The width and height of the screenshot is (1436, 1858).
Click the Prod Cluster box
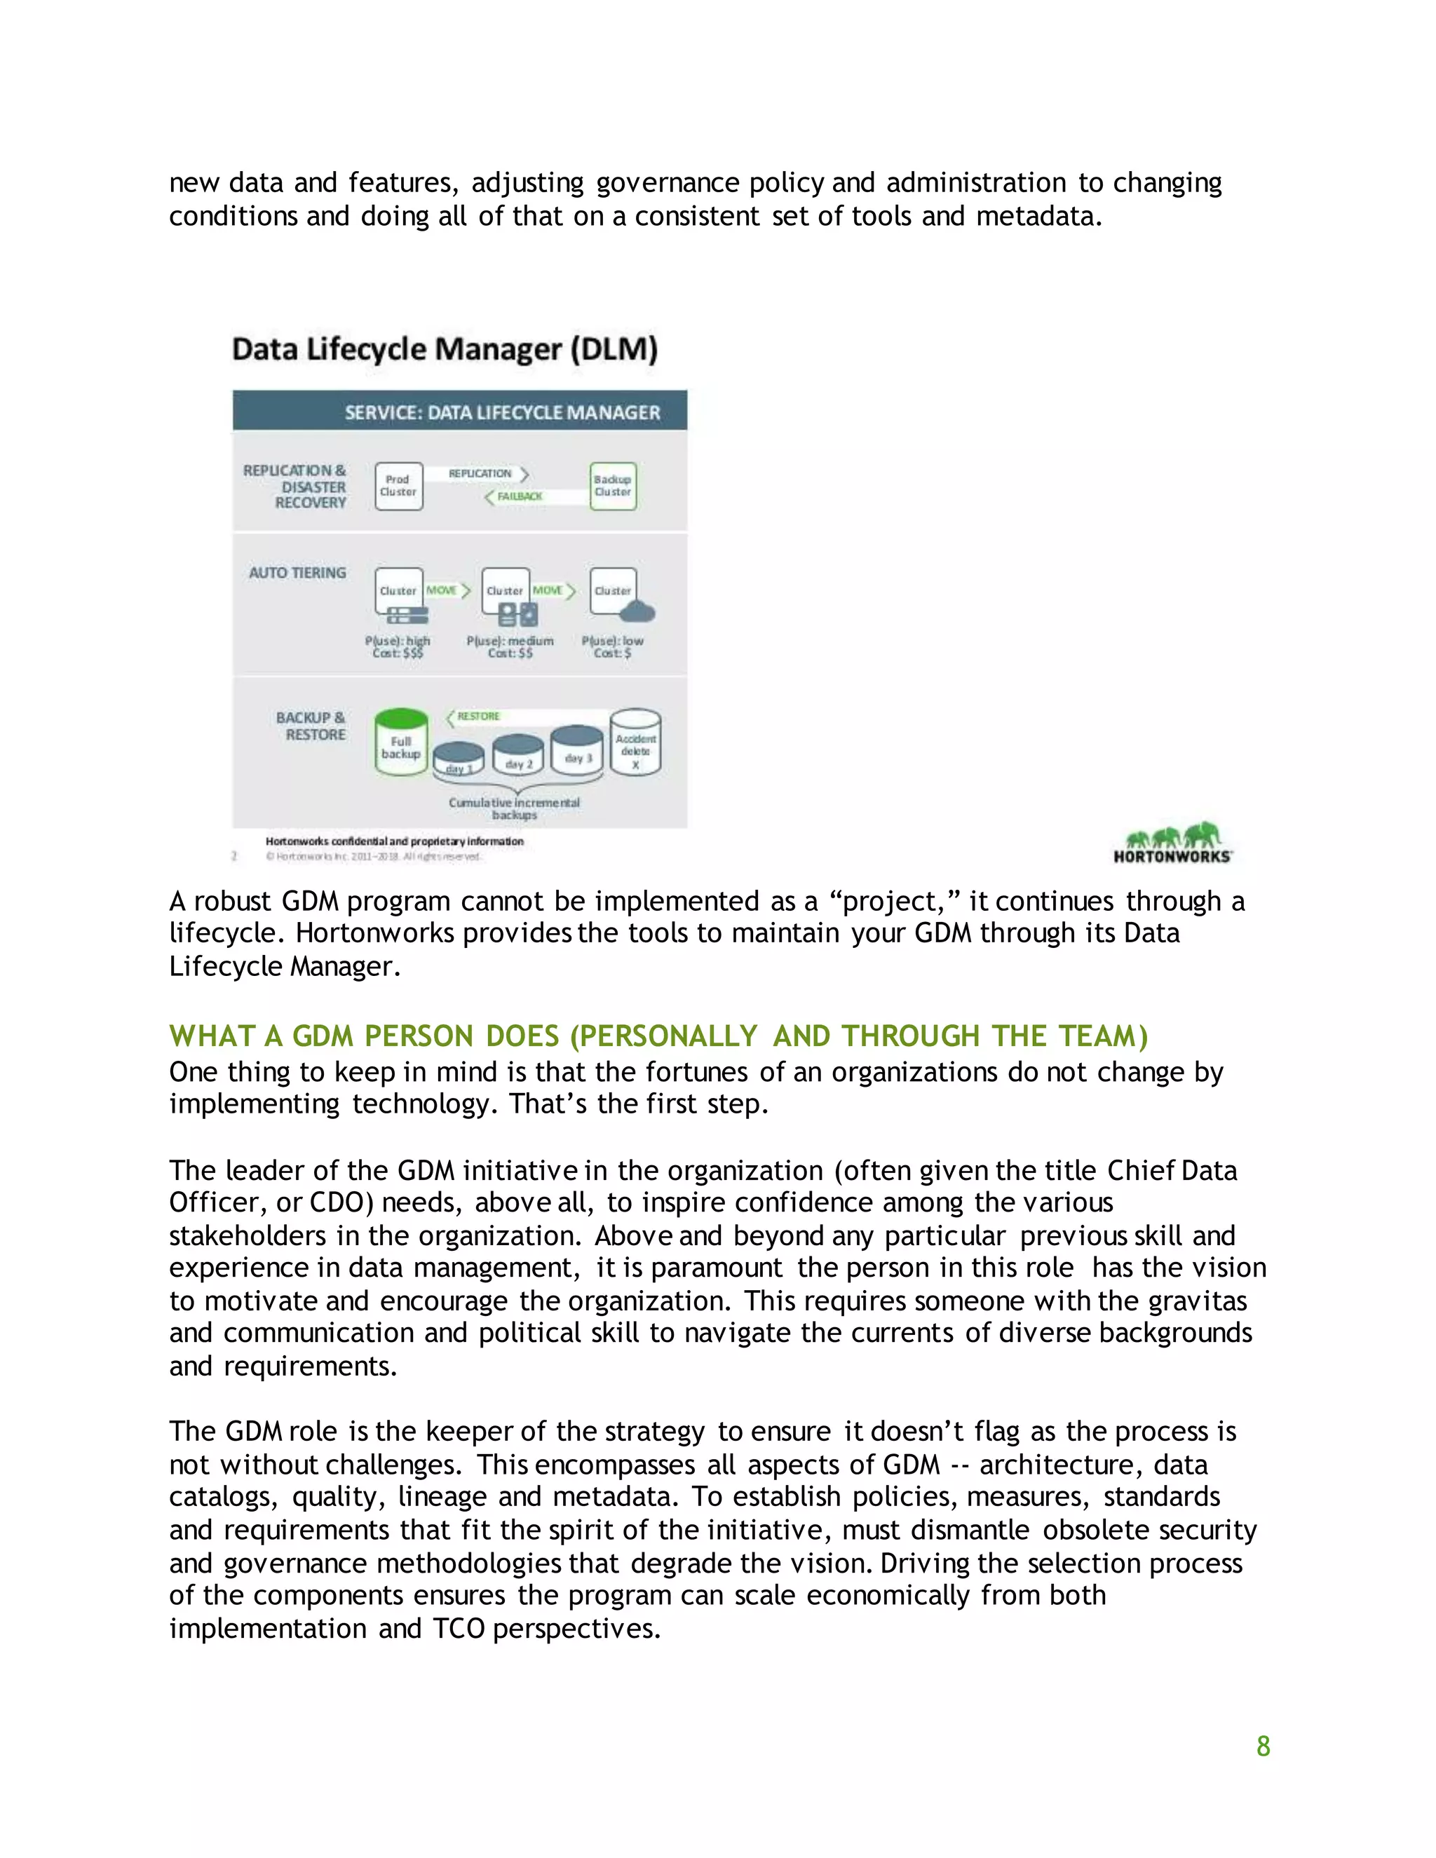point(398,486)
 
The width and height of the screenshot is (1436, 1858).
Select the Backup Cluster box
point(613,486)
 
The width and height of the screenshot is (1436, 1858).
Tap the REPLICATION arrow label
point(480,473)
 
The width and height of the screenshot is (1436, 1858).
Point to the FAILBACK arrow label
point(519,496)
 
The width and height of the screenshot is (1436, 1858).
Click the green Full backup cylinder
point(400,742)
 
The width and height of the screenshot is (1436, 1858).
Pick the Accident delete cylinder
point(635,743)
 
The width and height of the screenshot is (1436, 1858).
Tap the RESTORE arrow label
point(478,717)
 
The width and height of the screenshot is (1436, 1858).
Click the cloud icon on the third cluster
point(638,611)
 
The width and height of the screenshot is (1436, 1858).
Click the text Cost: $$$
point(398,653)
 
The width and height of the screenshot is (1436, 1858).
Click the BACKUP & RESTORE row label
point(311,726)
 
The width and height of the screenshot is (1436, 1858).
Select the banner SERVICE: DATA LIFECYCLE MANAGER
point(502,412)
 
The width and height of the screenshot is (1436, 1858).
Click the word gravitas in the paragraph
point(1197,1301)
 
